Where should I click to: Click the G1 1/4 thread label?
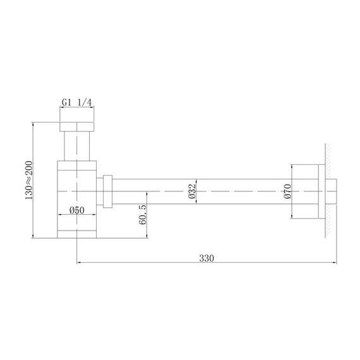point(78,102)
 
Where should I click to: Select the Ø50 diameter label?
point(77,211)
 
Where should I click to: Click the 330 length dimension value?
point(207,257)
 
